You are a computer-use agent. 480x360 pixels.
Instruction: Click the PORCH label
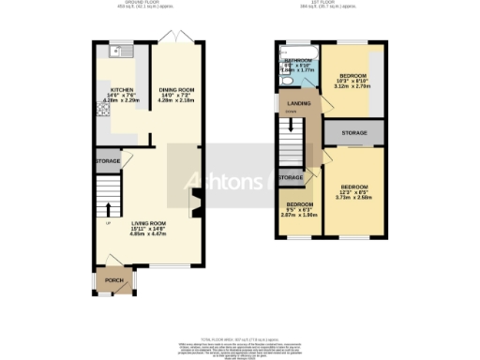coord(113,281)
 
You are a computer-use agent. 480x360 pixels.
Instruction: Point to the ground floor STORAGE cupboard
coord(107,162)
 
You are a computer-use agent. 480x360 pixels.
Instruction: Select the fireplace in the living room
coord(195,202)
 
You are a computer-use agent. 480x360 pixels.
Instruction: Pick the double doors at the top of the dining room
coord(172,37)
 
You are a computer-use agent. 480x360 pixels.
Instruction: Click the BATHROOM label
coord(299,64)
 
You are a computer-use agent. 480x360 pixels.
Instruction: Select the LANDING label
coord(300,104)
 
